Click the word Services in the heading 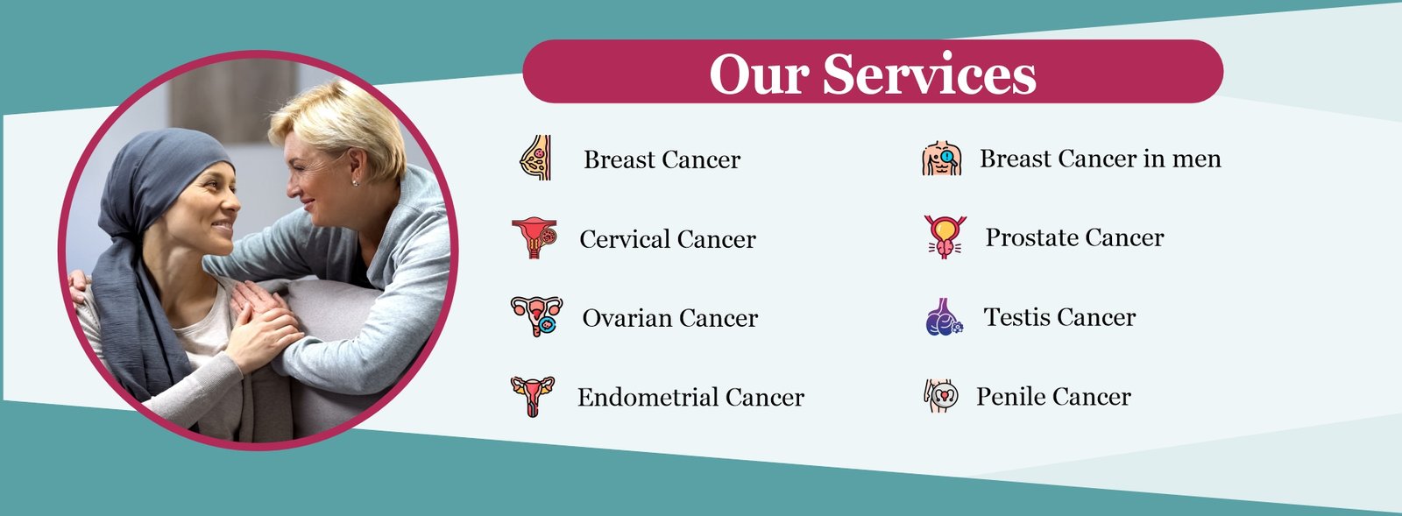(930, 74)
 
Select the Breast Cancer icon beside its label (535, 158)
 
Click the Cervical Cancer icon (534, 237)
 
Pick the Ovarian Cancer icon (536, 316)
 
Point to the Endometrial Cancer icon (533, 397)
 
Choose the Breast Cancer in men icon (941, 159)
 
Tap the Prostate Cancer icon (945, 237)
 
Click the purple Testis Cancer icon (944, 316)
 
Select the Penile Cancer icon (941, 395)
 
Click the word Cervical (625, 239)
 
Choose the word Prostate (1031, 237)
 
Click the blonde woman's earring (356, 182)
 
